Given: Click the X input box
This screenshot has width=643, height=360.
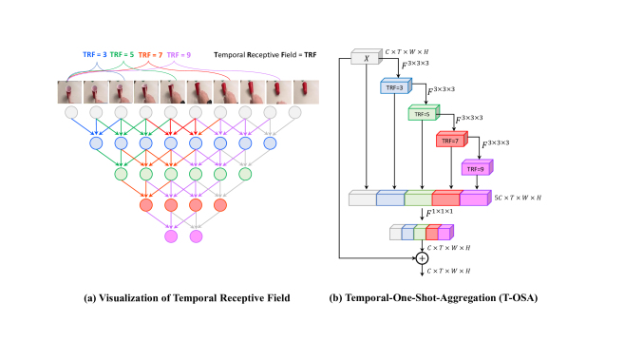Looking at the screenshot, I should click(x=366, y=59).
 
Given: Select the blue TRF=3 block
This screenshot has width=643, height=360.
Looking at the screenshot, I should click(x=393, y=86).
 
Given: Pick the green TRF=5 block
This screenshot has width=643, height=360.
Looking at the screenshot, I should click(x=422, y=113).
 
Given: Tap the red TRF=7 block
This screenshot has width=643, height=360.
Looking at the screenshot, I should click(x=449, y=140).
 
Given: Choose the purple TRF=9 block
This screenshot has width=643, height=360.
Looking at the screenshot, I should click(x=476, y=167).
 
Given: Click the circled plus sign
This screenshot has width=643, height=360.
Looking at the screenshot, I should click(x=423, y=257).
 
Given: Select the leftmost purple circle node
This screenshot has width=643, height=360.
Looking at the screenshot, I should click(x=172, y=236).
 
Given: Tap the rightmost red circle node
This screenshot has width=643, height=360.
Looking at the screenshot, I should click(x=221, y=205).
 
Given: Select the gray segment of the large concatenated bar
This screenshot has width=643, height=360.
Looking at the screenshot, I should click(x=363, y=199).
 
